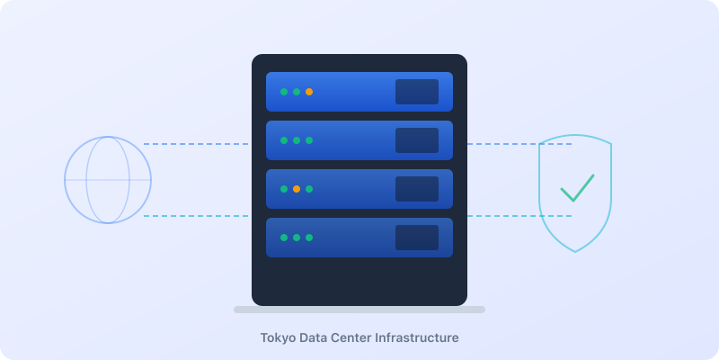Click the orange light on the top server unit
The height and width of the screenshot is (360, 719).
[x=309, y=92]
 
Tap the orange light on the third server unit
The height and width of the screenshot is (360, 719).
[x=297, y=189]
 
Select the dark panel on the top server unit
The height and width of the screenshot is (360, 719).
[x=417, y=92]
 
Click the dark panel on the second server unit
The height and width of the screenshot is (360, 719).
[x=417, y=140]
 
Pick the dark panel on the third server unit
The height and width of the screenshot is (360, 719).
[x=417, y=189]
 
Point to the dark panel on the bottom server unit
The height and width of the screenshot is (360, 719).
[x=417, y=238]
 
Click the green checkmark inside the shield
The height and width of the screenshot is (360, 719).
[x=577, y=188]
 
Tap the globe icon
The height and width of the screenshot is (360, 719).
[x=108, y=180]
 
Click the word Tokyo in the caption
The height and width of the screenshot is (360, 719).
[x=278, y=338]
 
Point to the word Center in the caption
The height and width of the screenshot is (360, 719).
[x=357, y=338]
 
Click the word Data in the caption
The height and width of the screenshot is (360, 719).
[x=315, y=338]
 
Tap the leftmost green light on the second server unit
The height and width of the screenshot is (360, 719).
[x=284, y=140]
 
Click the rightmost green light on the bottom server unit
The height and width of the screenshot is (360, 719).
[x=309, y=238]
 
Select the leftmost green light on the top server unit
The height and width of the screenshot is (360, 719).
[x=284, y=92]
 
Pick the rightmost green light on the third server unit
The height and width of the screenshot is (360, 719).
[x=309, y=189]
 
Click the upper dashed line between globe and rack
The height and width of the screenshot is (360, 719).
[x=196, y=144]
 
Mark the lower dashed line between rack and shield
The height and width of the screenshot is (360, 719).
[x=519, y=216]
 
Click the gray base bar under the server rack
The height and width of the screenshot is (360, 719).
[x=359, y=310]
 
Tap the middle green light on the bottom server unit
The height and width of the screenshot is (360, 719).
[x=297, y=238]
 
